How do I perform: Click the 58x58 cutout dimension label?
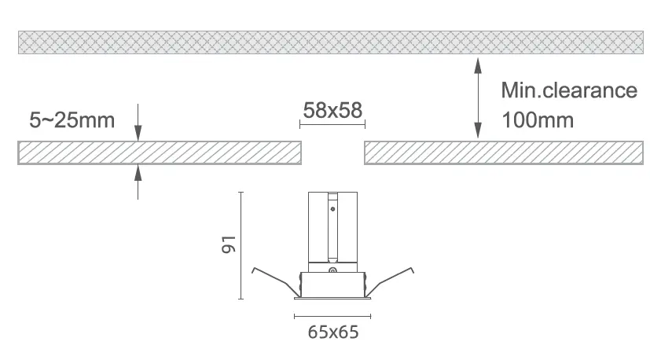click(332, 110)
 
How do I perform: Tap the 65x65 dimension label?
click(333, 332)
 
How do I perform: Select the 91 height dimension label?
click(229, 244)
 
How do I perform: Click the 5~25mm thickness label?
click(72, 120)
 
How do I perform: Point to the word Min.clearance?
click(569, 90)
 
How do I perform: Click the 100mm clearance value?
click(538, 120)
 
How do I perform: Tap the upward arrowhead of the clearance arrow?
click(478, 65)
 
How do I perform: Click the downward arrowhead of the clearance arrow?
click(478, 130)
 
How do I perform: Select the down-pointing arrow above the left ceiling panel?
click(138, 123)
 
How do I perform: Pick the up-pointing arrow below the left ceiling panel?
click(138, 182)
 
